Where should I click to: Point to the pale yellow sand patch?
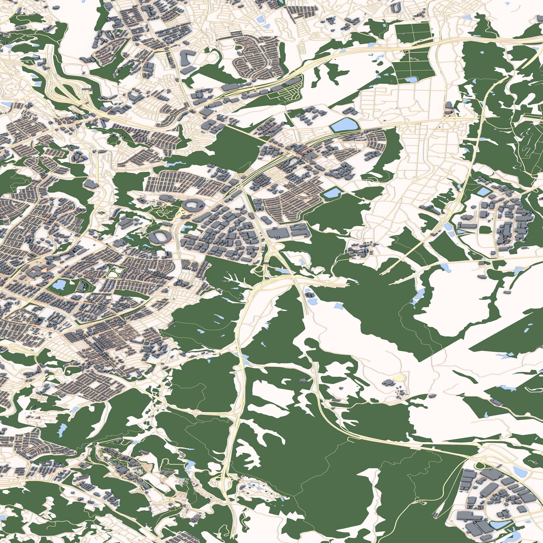point(398,377)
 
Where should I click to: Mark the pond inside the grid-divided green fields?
point(411,79)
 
